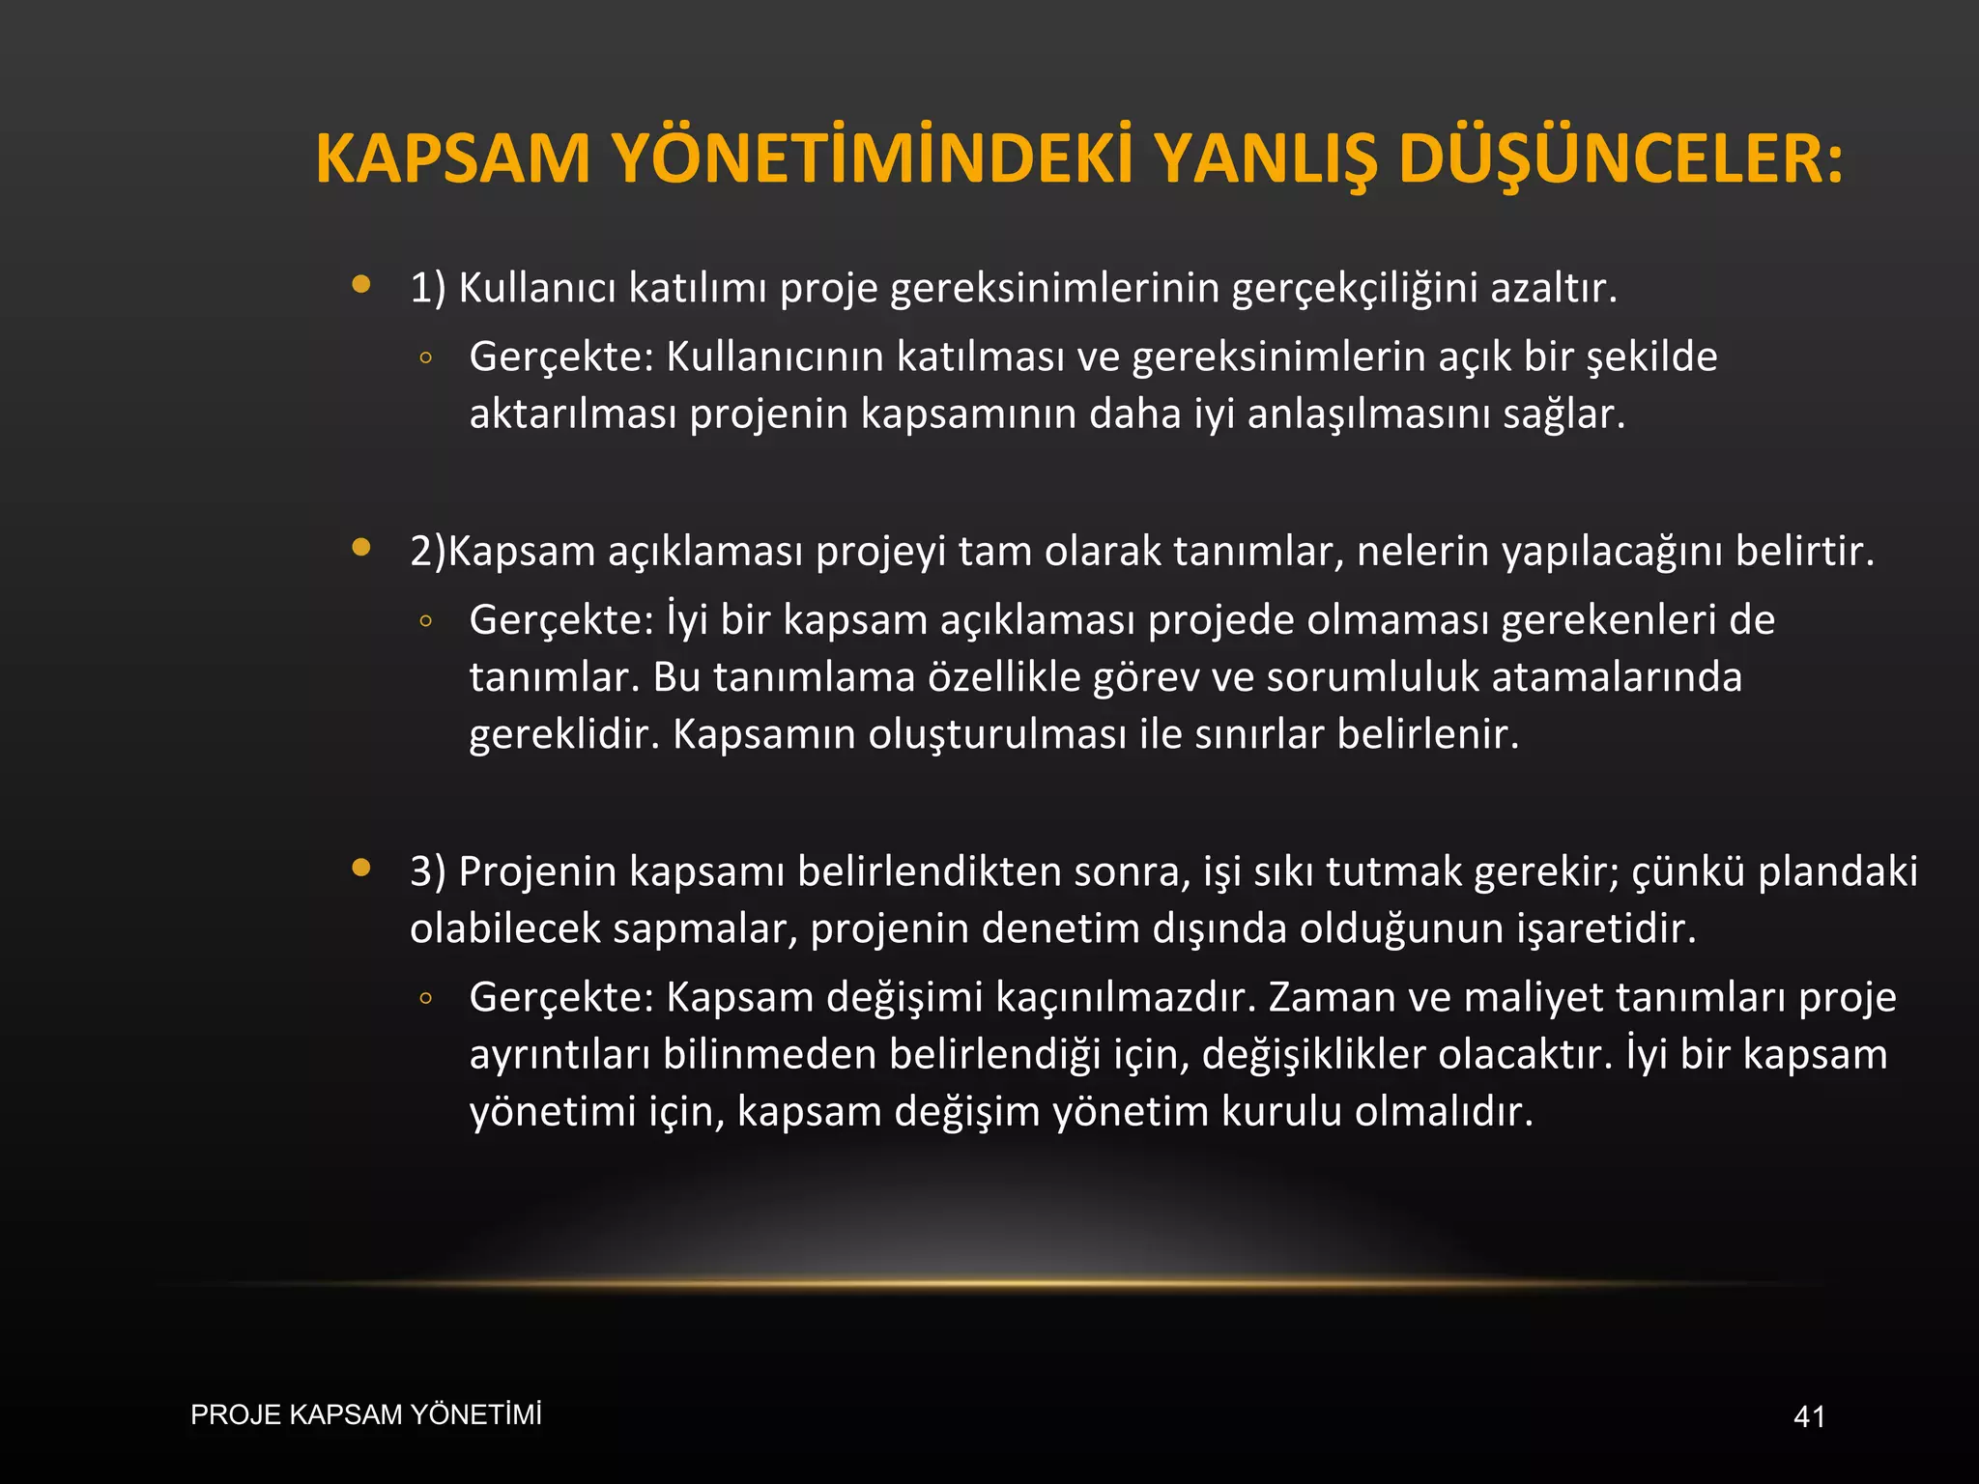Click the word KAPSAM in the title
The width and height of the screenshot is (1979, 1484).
(452, 158)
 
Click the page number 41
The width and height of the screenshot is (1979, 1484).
(1809, 1417)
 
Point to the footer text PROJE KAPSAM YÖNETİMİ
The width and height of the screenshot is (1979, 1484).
(366, 1414)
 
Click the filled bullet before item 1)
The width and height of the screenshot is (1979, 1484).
(361, 284)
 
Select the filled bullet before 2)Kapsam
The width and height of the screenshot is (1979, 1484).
(361, 548)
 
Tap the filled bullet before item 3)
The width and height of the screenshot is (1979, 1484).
(361, 868)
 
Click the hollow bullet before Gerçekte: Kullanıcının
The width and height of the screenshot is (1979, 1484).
(425, 358)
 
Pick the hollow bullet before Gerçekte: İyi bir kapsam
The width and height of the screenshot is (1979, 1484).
(425, 621)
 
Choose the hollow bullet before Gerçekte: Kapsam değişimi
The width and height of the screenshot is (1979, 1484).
(425, 999)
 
